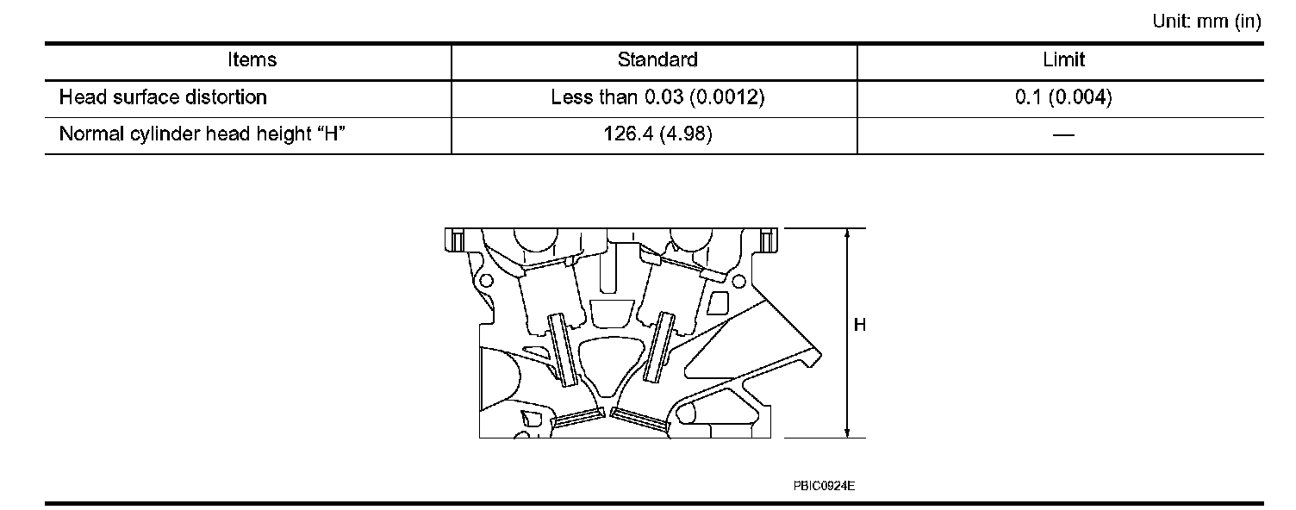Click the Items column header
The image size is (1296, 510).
pyautogui.click(x=252, y=60)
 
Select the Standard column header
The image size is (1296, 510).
pyautogui.click(x=657, y=60)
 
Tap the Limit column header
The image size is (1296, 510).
pyautogui.click(x=1063, y=60)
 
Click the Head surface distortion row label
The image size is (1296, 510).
pyautogui.click(x=163, y=97)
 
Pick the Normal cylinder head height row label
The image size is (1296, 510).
pyautogui.click(x=202, y=134)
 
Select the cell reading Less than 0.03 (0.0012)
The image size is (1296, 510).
pyautogui.click(x=657, y=97)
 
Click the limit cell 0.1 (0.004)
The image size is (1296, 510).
pyautogui.click(x=1063, y=97)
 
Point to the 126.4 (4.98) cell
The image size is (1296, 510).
pyautogui.click(x=657, y=134)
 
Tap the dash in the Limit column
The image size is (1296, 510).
pyautogui.click(x=1063, y=135)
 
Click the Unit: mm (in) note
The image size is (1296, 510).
pyautogui.click(x=1206, y=22)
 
